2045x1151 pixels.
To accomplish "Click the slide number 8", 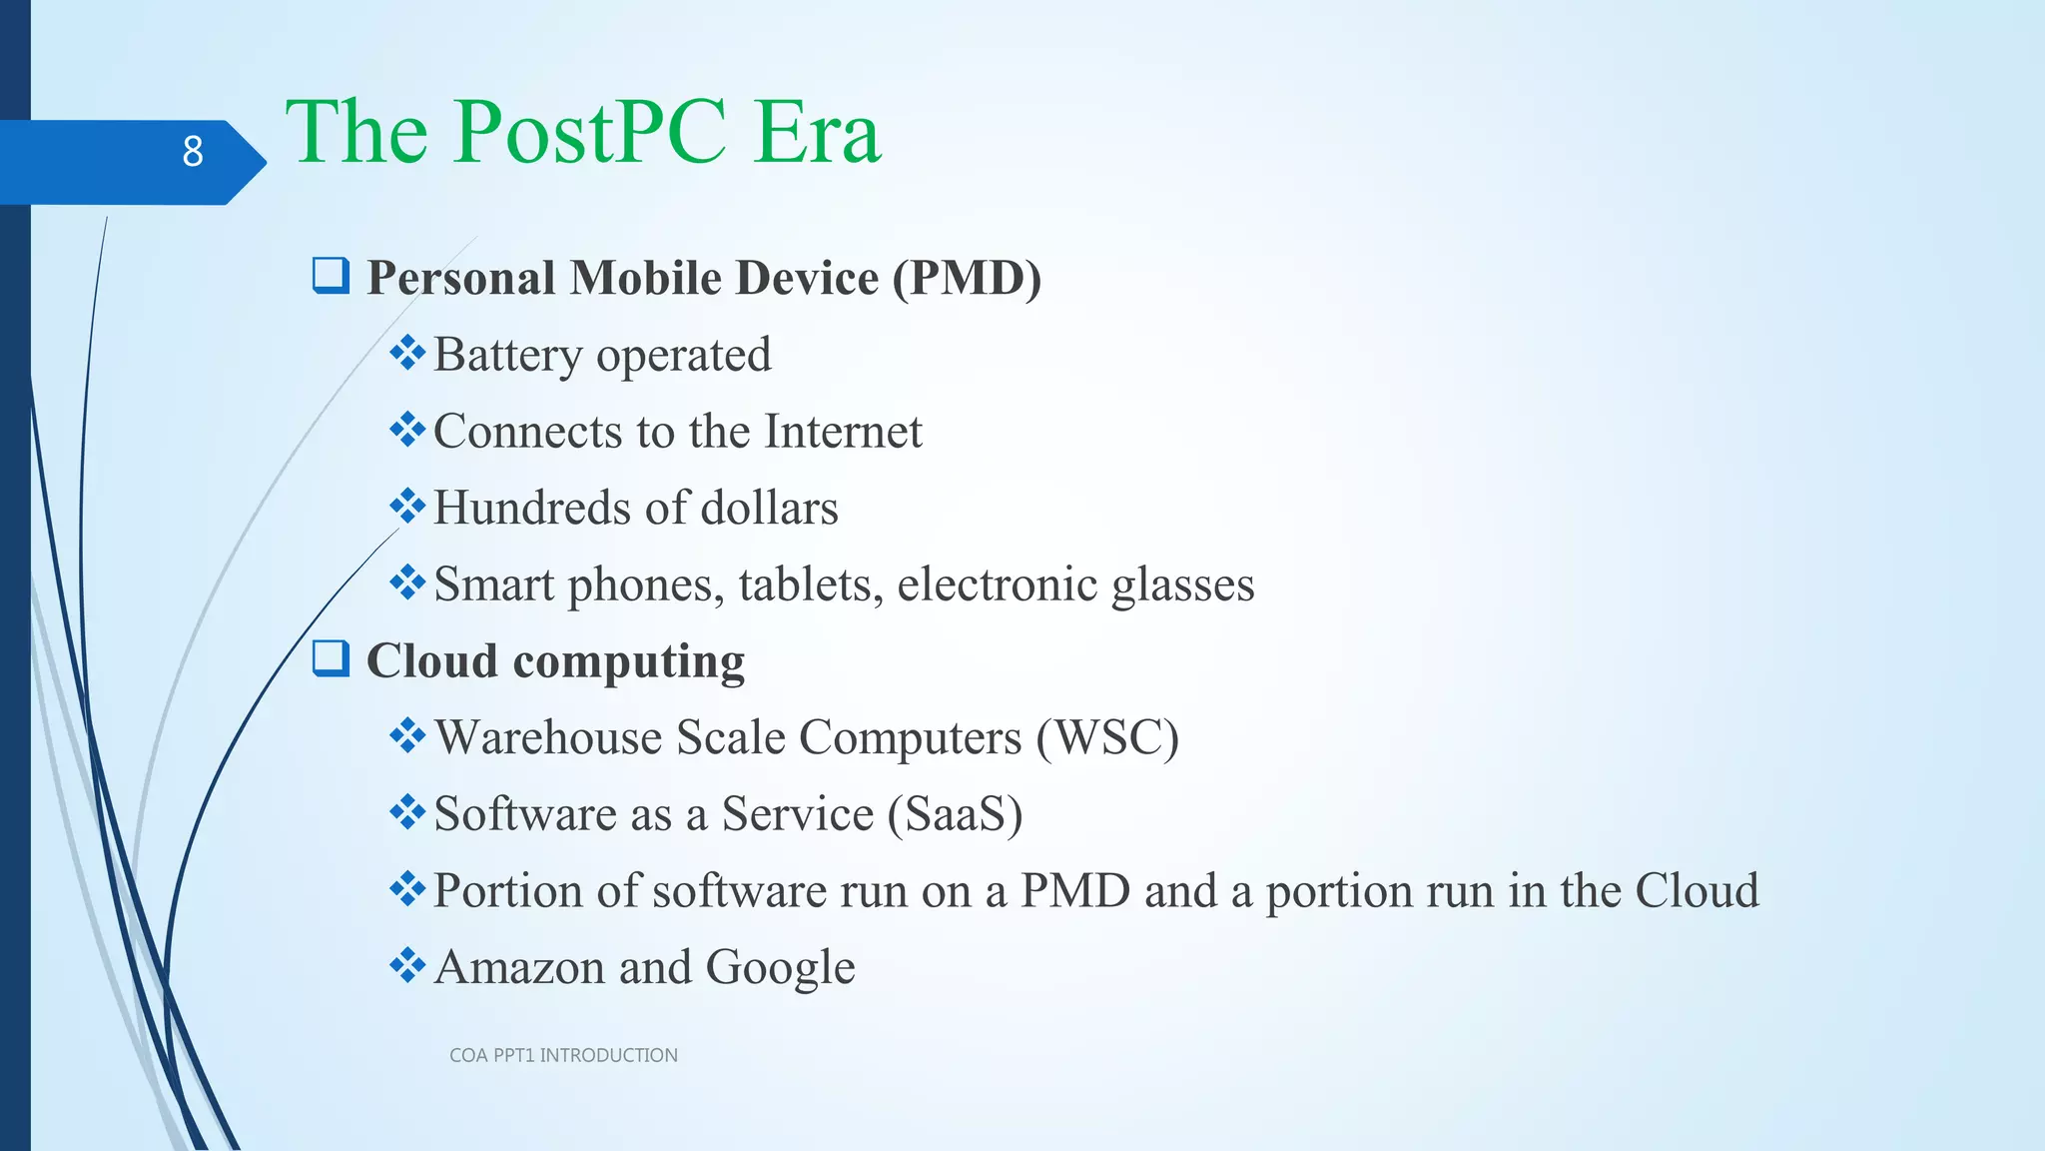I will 193,152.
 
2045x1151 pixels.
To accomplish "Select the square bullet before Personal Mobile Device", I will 331,275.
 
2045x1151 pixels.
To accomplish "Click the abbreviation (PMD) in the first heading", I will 967,278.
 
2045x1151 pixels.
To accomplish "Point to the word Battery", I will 507,355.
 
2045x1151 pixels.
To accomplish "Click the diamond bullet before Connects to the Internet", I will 407,431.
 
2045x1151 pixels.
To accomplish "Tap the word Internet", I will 843,432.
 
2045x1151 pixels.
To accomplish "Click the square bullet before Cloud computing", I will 331,658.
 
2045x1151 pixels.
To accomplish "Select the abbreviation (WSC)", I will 1107,738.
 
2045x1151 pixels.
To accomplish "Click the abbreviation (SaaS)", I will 956,814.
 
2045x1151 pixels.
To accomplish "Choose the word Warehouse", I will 547,738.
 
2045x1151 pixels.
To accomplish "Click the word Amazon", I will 519,967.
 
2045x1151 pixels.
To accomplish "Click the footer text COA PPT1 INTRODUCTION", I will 563,1055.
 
